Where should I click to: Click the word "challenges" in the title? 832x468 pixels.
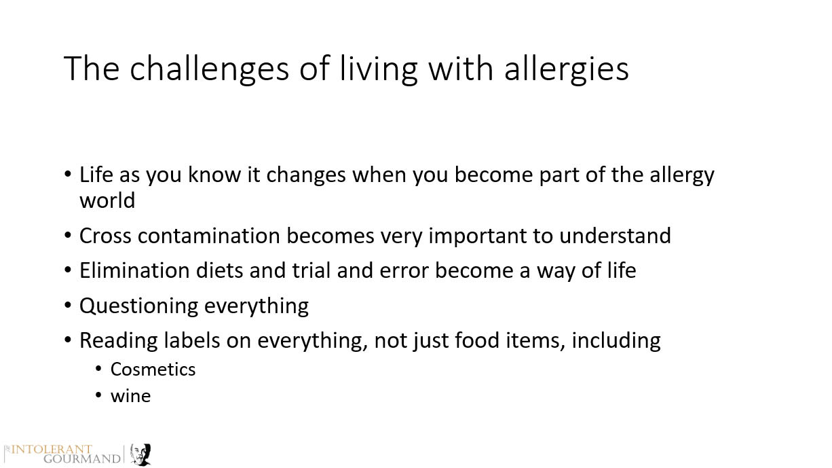pos(209,69)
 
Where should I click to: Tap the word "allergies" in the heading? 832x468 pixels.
pos(567,69)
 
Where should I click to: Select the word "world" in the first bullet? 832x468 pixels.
pos(107,200)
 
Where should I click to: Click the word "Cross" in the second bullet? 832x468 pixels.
pos(105,236)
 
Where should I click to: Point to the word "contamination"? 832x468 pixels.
pos(209,236)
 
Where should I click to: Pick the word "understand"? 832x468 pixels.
pos(615,236)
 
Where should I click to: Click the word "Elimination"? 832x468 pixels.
pos(134,270)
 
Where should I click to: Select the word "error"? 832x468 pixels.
pos(404,271)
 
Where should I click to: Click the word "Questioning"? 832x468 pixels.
pos(138,306)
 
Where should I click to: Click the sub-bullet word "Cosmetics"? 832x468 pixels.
pos(153,370)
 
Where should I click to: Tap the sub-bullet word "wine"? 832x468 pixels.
pos(130,396)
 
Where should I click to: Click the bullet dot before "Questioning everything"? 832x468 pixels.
pos(68,305)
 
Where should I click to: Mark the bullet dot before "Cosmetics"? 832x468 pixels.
pos(98,369)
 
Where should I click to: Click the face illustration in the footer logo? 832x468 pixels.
pos(140,454)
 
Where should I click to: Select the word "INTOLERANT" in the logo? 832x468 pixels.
pos(52,450)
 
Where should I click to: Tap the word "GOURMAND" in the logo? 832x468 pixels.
pos(82,459)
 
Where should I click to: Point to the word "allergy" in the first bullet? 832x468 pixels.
pos(681,175)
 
